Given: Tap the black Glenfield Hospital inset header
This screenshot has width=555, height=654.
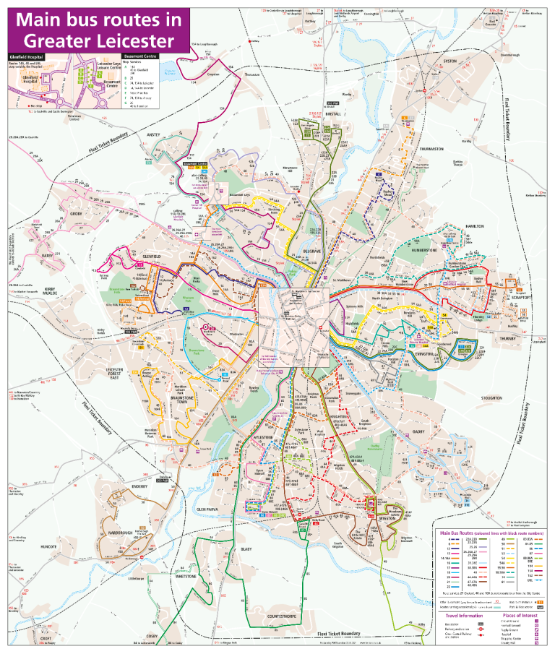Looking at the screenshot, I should point(27,56).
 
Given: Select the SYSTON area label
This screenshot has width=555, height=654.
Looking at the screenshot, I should point(451,61).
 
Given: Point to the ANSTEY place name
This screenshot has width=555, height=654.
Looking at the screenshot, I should point(153,135).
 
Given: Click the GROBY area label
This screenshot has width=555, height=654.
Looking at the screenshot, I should point(77,214).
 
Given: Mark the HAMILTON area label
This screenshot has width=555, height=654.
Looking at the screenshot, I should point(474,226).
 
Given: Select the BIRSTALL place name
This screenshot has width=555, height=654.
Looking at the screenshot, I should point(332,113).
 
